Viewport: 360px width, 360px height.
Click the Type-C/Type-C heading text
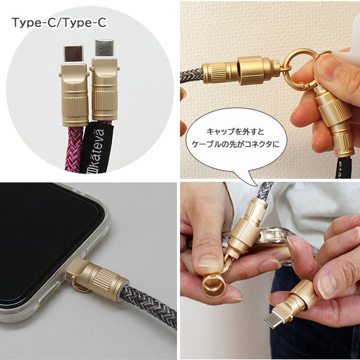[59, 23]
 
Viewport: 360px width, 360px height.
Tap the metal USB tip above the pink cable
[73, 53]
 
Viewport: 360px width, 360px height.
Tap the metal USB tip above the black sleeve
[104, 48]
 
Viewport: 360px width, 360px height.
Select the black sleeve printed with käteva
[97, 148]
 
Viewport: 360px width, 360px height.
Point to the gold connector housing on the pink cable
[74, 95]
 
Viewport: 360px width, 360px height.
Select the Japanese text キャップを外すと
[236, 132]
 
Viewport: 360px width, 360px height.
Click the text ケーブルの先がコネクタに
[236, 145]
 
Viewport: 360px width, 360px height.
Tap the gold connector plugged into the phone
[97, 278]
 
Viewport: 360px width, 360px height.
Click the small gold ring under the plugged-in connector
[81, 287]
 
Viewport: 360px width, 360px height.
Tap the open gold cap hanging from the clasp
[214, 285]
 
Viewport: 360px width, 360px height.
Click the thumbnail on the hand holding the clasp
[326, 66]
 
